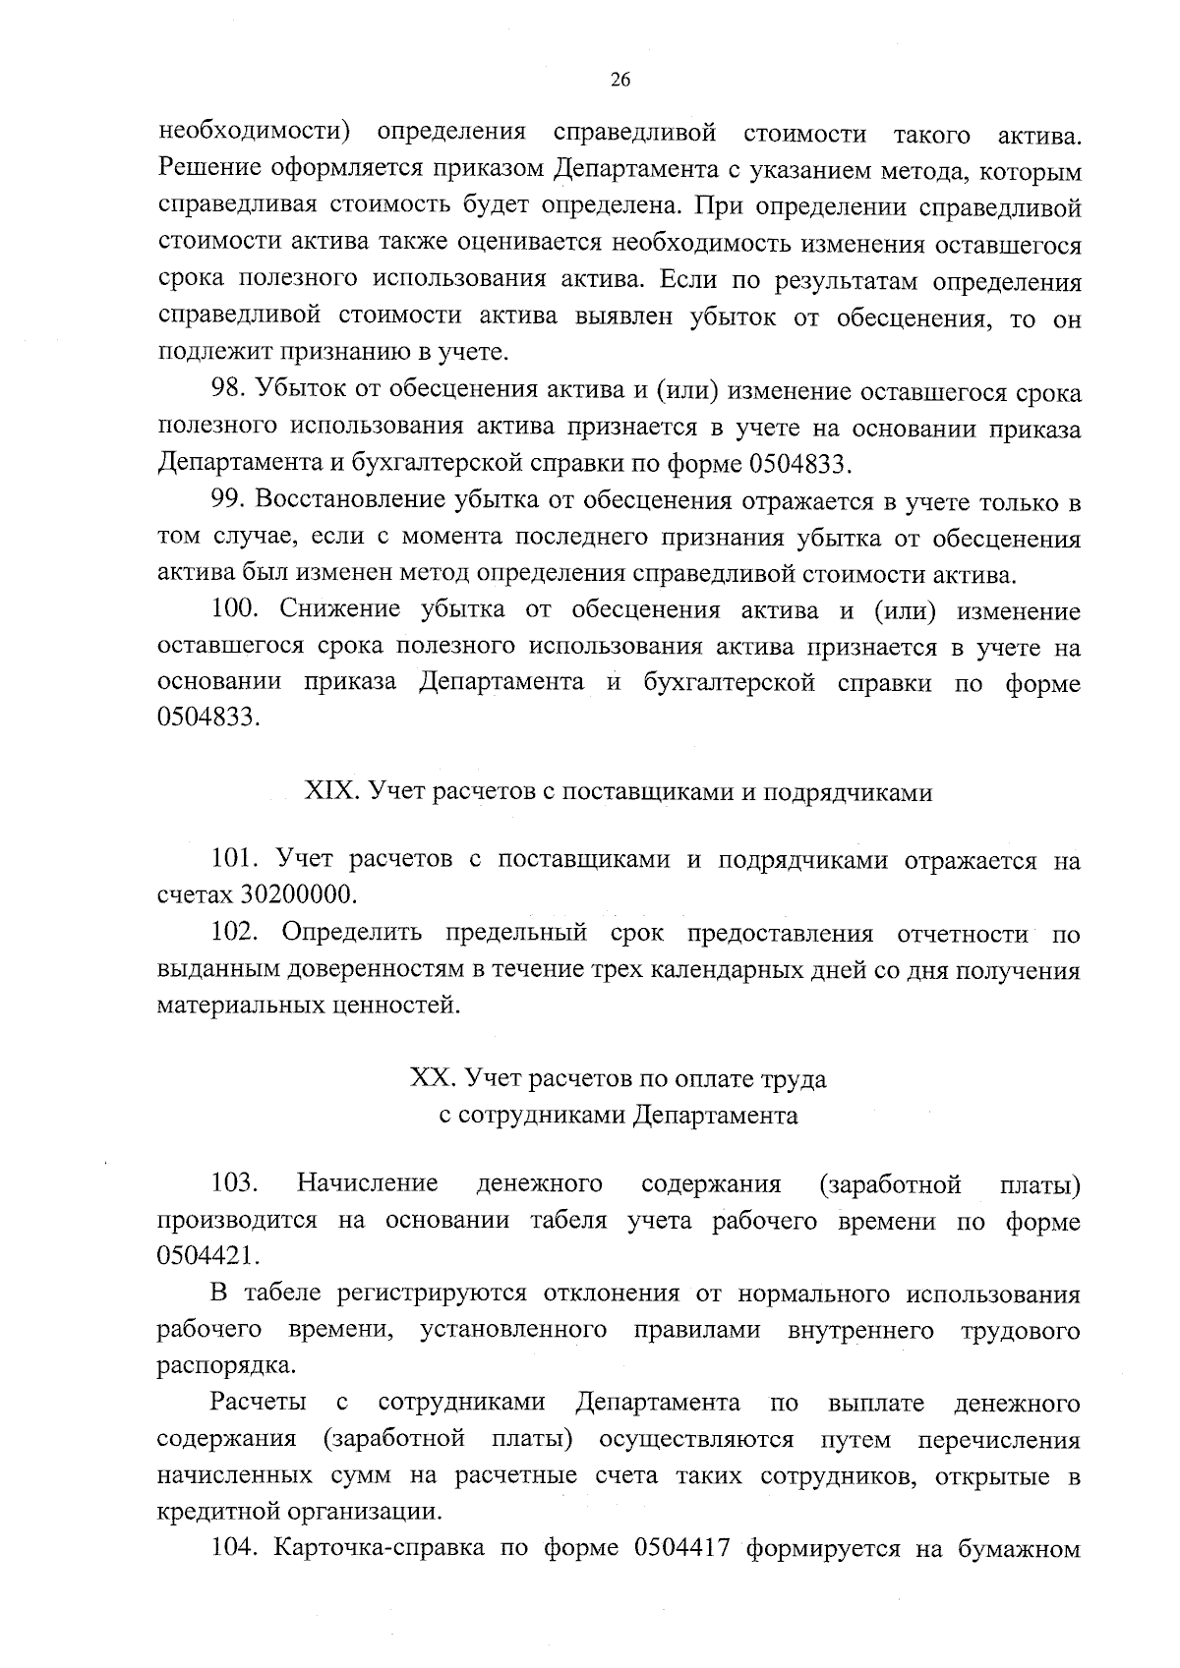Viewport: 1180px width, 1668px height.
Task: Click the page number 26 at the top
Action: tap(620, 82)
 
